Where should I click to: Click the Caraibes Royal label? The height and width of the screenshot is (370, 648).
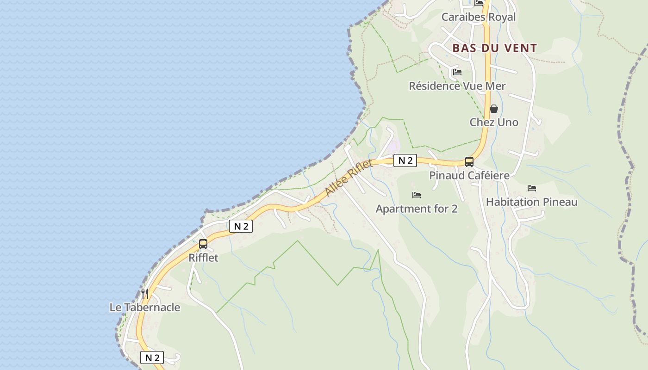click(x=478, y=17)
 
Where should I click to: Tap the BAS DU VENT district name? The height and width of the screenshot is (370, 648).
click(x=494, y=48)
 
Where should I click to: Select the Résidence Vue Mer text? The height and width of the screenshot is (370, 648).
click(x=457, y=86)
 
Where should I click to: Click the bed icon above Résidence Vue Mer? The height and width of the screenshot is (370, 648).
click(x=457, y=72)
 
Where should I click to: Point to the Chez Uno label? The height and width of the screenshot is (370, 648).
click(x=494, y=123)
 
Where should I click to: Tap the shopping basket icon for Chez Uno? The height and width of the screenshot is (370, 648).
click(x=494, y=109)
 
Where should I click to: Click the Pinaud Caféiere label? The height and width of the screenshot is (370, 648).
click(x=469, y=176)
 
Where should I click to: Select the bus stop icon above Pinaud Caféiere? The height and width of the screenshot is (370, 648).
click(x=469, y=162)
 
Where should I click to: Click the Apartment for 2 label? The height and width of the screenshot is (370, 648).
click(x=416, y=209)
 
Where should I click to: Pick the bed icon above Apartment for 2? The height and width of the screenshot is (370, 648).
click(x=416, y=195)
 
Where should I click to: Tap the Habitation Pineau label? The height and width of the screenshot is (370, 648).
click(x=531, y=202)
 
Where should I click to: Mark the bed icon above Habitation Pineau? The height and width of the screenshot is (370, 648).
click(x=531, y=188)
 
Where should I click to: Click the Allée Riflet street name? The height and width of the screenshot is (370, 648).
click(x=349, y=178)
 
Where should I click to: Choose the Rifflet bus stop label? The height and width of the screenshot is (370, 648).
click(x=203, y=258)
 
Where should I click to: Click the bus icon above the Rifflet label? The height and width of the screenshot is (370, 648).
click(x=203, y=244)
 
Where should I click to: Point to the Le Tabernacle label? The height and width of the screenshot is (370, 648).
click(x=144, y=308)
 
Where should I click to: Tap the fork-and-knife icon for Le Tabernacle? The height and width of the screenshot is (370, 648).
click(x=145, y=294)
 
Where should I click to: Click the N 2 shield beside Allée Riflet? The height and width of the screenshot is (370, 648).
click(x=405, y=160)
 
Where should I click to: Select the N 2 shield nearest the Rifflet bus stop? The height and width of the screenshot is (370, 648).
click(x=241, y=226)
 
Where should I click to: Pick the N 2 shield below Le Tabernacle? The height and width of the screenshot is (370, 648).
click(x=152, y=358)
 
